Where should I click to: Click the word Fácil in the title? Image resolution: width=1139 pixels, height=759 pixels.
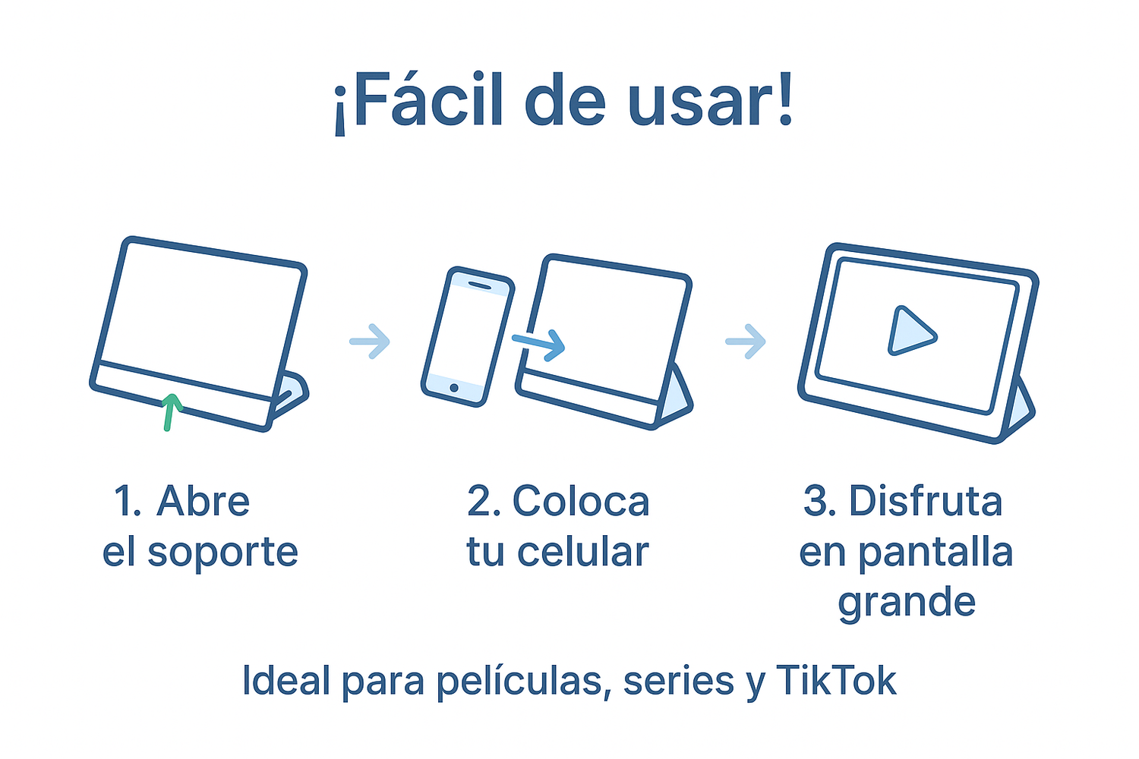(x=426, y=99)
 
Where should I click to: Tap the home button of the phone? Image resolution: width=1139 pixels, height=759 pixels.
(x=454, y=388)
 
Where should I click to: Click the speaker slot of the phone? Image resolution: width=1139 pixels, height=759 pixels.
(x=479, y=285)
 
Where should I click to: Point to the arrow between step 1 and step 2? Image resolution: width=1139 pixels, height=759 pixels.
(x=370, y=341)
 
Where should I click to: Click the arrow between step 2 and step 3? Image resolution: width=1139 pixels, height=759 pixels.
(x=746, y=341)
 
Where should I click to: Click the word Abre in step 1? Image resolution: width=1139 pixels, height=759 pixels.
(x=203, y=501)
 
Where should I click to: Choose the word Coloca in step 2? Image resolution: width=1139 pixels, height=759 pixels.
(x=581, y=501)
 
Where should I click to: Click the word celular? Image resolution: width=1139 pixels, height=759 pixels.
(x=582, y=552)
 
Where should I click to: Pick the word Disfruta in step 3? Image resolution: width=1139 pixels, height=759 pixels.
(x=926, y=501)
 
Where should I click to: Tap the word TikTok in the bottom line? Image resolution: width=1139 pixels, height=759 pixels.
(x=836, y=680)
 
